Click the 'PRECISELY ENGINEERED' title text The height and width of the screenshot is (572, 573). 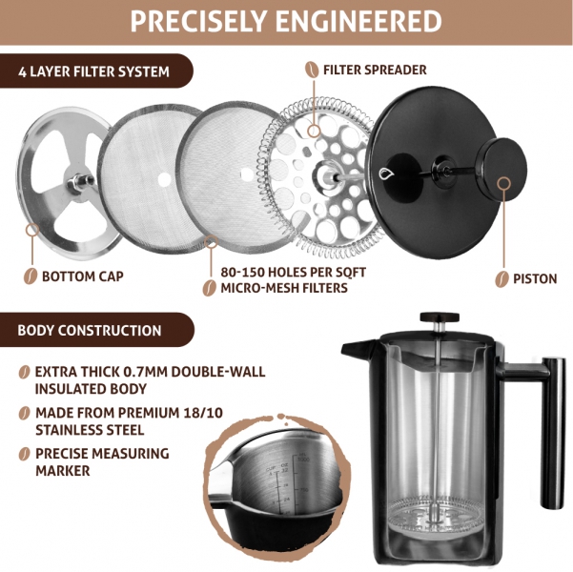[286, 21]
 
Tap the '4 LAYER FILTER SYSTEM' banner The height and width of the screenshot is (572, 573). [95, 71]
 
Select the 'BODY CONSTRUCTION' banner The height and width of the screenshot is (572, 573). [96, 330]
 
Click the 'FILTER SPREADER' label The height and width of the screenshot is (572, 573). [375, 70]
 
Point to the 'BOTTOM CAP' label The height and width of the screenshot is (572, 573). [83, 276]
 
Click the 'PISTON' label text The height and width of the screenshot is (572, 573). [535, 279]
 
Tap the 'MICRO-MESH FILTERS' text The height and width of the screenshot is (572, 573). [284, 288]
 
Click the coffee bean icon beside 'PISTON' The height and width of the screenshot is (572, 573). [502, 279]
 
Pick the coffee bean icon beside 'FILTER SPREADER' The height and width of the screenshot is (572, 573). [312, 70]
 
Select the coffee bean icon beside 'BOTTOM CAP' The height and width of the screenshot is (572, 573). [31, 276]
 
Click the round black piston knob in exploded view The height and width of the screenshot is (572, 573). [501, 167]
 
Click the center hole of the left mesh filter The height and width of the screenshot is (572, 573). [164, 179]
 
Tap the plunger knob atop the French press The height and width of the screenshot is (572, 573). [440, 317]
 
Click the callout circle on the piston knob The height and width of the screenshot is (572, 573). [504, 183]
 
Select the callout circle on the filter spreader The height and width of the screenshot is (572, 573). [314, 131]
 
